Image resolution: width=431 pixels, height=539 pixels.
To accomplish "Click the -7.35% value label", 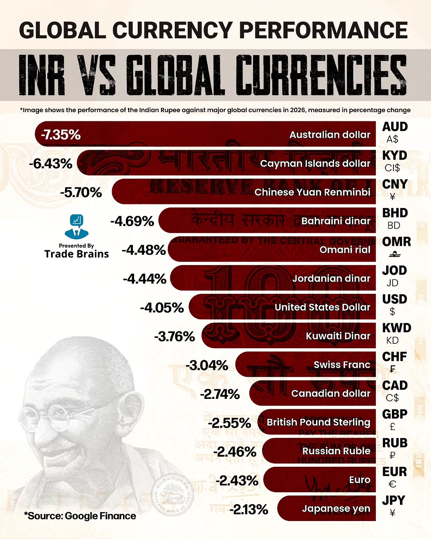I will click(x=61, y=135).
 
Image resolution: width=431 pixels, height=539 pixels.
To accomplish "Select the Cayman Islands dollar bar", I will click(x=227, y=163).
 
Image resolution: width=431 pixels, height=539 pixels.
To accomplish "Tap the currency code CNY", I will click(x=395, y=184).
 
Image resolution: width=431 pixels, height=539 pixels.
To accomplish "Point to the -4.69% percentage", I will click(x=132, y=221).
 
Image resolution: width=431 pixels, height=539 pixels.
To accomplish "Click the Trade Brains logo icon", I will click(x=76, y=226).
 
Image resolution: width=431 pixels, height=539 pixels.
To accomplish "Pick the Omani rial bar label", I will click(x=345, y=250).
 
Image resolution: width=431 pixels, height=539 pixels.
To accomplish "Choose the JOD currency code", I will click(x=394, y=270).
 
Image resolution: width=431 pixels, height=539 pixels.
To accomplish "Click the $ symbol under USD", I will click(x=392, y=311).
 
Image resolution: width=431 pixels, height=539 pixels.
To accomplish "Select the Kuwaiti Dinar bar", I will click(x=287, y=336).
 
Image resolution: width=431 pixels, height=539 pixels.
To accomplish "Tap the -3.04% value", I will click(x=207, y=365).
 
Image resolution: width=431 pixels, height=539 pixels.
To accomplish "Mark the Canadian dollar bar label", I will click(x=330, y=394).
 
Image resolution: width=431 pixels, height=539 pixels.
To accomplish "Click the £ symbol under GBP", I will click(x=392, y=426).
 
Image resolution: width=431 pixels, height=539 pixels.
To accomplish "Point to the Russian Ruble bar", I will click(x=319, y=451).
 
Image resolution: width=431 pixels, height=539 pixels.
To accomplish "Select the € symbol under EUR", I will click(x=392, y=484).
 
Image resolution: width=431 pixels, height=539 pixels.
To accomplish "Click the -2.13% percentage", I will click(x=249, y=509).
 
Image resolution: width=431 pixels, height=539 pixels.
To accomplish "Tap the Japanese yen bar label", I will click(x=336, y=509).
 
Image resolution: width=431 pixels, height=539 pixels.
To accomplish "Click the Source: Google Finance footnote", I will click(x=80, y=516).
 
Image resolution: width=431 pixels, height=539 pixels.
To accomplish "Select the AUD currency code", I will click(x=395, y=127).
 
